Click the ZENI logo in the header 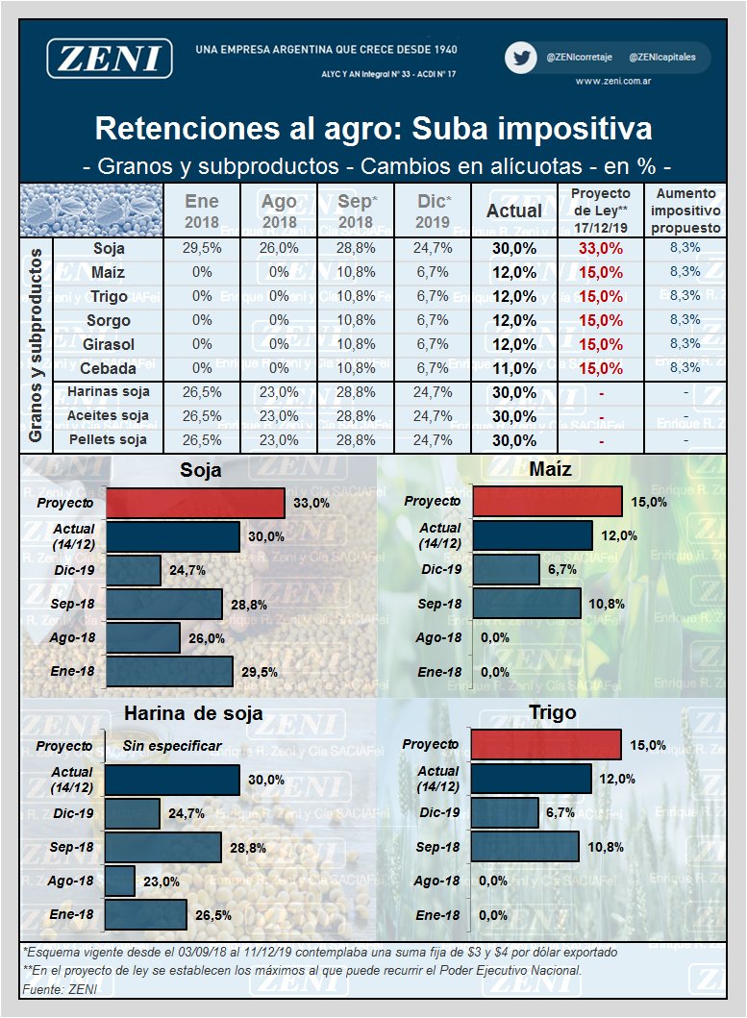(110, 58)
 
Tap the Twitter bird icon (521, 58)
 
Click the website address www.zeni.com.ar (612, 81)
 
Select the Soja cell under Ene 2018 (201, 249)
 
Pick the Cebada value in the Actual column (513, 369)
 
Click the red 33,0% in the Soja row (600, 249)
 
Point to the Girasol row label (109, 345)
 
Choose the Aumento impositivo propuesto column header (685, 211)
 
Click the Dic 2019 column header (433, 211)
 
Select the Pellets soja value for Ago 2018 (279, 440)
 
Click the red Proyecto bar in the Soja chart (195, 503)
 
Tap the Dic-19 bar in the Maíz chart (506, 569)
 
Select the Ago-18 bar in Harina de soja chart (119, 881)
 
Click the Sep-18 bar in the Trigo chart (525, 847)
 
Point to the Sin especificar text (172, 746)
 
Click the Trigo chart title (552, 713)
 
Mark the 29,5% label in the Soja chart (260, 672)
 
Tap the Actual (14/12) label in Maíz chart (439, 535)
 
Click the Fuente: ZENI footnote (60, 989)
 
